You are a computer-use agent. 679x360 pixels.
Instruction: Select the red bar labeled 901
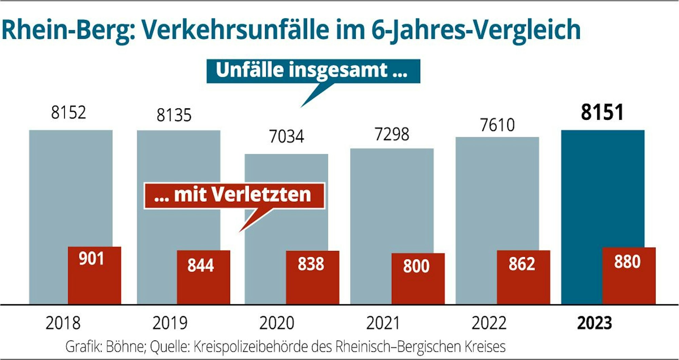point(94,275)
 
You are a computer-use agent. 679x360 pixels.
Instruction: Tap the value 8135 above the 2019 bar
point(174,115)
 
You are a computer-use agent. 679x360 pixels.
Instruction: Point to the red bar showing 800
point(418,278)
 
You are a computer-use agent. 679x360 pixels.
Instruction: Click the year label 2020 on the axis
point(277,323)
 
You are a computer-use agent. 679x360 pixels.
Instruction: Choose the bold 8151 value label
point(602,112)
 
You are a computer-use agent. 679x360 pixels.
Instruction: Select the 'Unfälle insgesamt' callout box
point(313,71)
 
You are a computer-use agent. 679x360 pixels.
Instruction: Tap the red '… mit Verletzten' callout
point(234,195)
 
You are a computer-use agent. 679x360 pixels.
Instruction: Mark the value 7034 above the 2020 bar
point(286,137)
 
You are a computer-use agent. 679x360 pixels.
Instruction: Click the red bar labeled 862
point(523,277)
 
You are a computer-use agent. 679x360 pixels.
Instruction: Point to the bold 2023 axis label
point(594,323)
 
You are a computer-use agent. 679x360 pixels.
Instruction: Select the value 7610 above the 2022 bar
point(497,125)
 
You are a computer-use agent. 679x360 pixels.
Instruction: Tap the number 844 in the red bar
point(200,266)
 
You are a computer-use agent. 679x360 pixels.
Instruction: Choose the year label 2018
point(63,323)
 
